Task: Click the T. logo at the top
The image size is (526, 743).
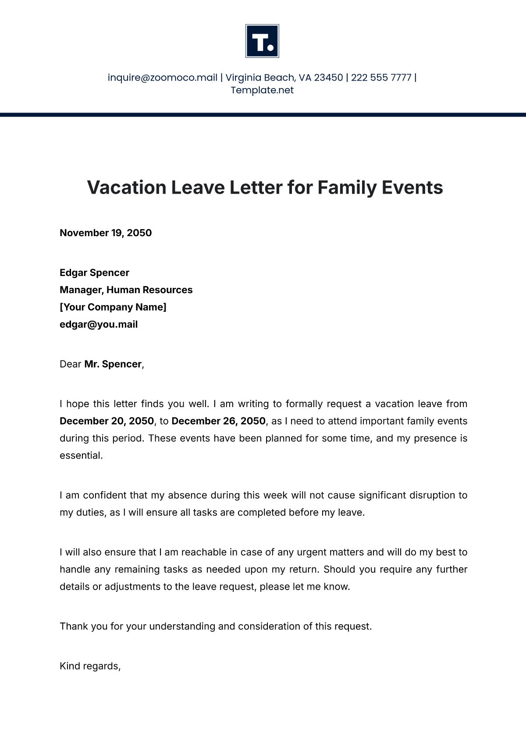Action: (262, 41)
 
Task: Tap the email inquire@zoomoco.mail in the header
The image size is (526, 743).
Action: (163, 78)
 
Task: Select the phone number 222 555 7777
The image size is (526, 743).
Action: (381, 78)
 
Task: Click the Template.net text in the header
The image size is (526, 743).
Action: (262, 90)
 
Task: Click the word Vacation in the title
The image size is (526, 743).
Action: (126, 188)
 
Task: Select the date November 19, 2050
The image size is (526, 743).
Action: (106, 233)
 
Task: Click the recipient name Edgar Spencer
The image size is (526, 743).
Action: (94, 273)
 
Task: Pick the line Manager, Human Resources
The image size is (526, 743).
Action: (126, 290)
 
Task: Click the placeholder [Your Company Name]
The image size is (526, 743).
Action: (113, 307)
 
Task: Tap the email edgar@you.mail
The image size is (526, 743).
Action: (99, 325)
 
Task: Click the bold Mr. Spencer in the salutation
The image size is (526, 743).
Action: (113, 364)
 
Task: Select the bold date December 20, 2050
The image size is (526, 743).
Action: (107, 421)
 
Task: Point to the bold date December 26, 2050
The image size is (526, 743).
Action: (218, 421)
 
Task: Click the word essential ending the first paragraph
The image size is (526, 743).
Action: (81, 456)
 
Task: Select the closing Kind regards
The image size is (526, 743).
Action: (89, 666)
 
